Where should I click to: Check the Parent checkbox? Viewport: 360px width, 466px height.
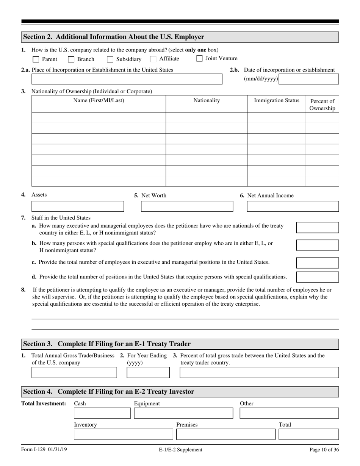[x=36, y=59]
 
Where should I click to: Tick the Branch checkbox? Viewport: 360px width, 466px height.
[x=71, y=59]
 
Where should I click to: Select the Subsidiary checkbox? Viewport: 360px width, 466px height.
[x=110, y=59]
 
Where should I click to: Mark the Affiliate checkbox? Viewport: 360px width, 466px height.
[x=153, y=59]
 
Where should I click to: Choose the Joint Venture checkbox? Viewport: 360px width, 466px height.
[x=199, y=58]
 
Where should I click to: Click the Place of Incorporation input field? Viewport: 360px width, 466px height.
[x=127, y=79]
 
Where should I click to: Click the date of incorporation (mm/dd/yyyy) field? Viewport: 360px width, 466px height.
[x=309, y=79]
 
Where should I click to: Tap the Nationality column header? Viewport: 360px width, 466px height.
[x=207, y=100]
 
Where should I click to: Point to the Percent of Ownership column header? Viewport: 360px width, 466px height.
[x=322, y=105]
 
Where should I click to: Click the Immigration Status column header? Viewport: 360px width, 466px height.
[x=277, y=100]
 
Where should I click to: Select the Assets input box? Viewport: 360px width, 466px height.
[x=78, y=206]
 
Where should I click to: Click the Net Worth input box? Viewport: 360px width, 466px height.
[x=187, y=206]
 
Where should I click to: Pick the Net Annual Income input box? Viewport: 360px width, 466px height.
[x=293, y=206]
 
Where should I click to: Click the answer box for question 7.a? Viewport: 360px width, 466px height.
[x=317, y=227]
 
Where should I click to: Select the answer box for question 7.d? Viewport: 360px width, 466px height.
[x=317, y=277]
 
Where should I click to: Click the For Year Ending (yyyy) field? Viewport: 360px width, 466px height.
[x=148, y=372]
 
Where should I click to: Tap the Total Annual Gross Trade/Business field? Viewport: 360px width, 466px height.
[x=74, y=372]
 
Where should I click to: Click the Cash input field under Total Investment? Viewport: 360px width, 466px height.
[x=102, y=413]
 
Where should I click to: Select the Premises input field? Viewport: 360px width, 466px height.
[x=225, y=434]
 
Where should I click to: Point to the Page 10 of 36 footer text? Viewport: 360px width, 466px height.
[x=324, y=450]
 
